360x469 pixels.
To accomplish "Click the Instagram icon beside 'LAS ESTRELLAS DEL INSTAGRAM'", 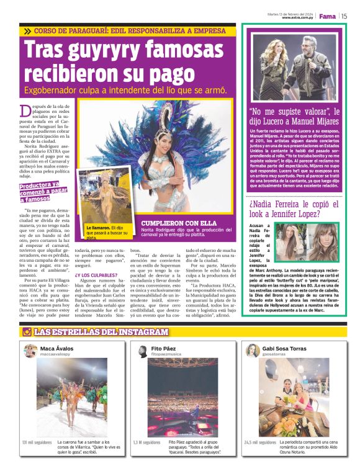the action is click(27, 333).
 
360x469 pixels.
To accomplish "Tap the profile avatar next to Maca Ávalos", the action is click(30, 352).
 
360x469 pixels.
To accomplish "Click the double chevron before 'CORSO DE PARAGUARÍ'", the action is click(27, 30).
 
